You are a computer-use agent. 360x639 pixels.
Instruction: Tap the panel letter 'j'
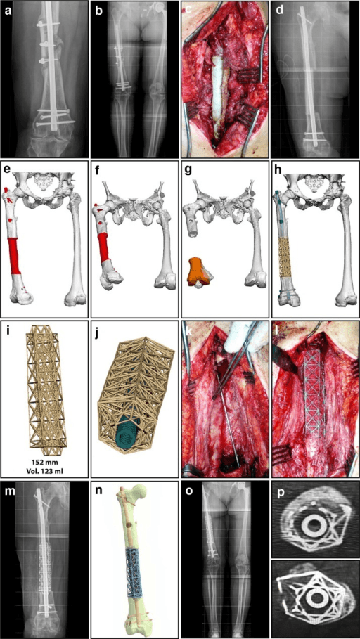pyautogui.click(x=98, y=330)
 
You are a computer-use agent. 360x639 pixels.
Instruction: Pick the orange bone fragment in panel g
pyautogui.click(x=200, y=270)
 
